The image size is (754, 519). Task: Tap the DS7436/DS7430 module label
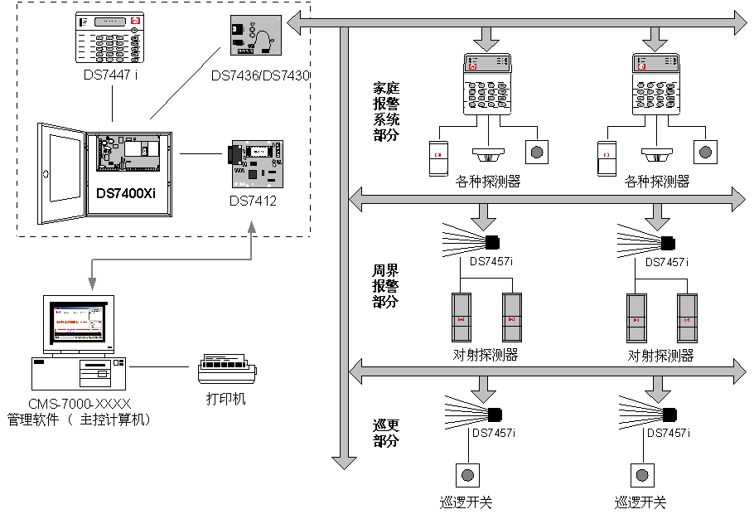260,75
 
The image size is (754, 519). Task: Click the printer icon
227,369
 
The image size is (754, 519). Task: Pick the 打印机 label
226,399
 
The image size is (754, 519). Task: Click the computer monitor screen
79,323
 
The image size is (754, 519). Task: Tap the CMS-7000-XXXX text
80,404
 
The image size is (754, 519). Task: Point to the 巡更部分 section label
386,433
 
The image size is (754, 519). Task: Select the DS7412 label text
254,201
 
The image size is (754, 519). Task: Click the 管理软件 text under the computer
33,420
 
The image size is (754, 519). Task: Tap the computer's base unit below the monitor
79,373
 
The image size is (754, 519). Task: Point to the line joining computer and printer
161,366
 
